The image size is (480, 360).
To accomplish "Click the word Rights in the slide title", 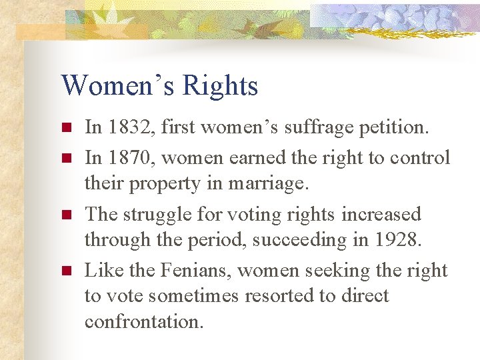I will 219,87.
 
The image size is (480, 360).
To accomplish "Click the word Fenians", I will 200,270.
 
